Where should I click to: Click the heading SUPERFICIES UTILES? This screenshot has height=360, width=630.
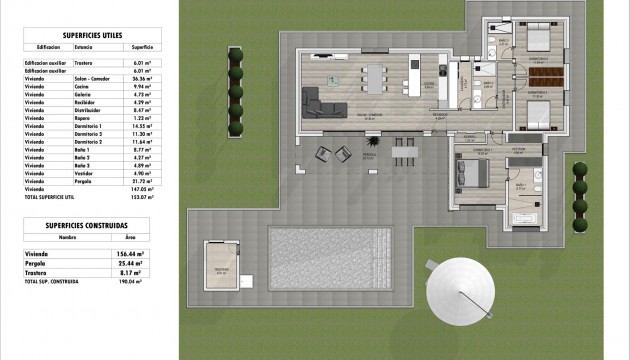[91, 33]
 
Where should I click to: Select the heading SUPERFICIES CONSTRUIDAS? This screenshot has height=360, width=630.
[91, 226]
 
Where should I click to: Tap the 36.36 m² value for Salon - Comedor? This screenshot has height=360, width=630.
[141, 79]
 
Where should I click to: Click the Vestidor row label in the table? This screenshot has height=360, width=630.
[86, 171]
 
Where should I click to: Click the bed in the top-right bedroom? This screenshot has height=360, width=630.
[535, 40]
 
